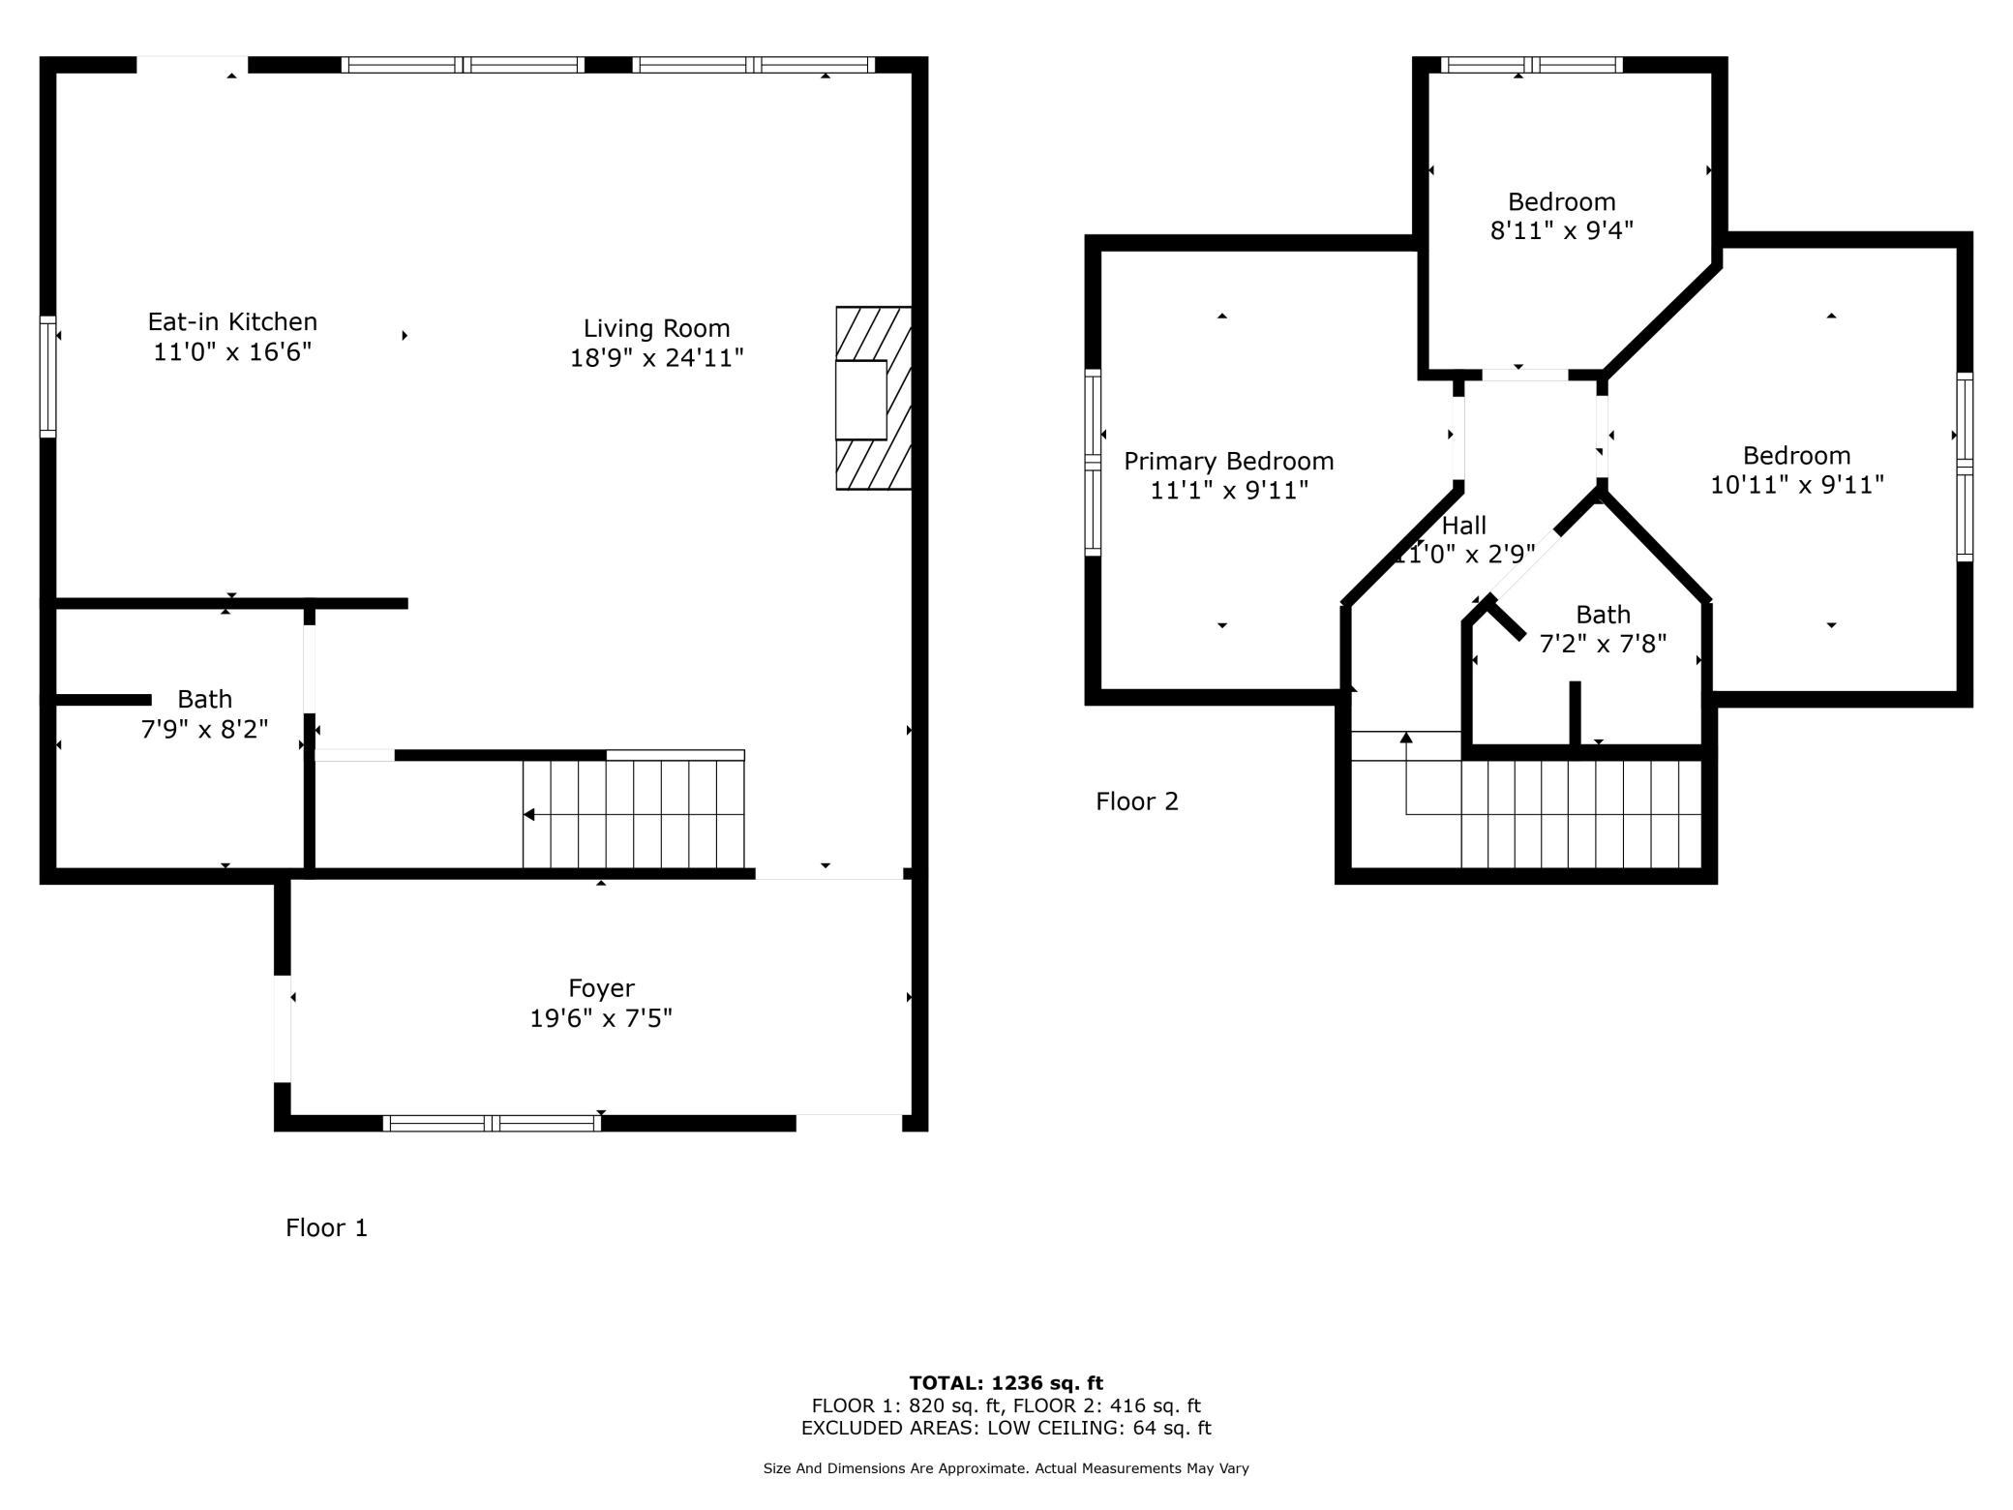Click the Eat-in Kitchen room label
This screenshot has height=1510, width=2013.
tap(232, 321)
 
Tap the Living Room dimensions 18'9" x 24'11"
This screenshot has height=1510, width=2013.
tap(657, 358)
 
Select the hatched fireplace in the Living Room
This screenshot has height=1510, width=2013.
tap(874, 398)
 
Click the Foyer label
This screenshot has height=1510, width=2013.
tap(601, 988)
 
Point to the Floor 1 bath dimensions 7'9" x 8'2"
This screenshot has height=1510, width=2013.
tap(204, 729)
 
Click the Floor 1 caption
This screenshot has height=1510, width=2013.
tap(327, 1227)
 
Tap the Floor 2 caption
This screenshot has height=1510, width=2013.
tap(1137, 801)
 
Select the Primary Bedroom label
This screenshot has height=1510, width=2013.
tap(1229, 461)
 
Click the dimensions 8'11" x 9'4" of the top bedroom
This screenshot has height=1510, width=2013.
tap(1562, 230)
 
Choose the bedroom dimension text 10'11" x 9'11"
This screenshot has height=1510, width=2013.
tap(1797, 484)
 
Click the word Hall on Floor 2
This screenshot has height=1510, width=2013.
tap(1464, 526)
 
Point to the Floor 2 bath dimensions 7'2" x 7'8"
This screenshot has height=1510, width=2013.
tap(1604, 644)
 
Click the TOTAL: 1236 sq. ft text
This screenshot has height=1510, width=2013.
tap(1006, 1383)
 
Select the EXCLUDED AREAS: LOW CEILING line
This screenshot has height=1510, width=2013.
tap(1006, 1428)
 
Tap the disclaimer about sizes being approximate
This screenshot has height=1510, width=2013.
tap(1006, 1468)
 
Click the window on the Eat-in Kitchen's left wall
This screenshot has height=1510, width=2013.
tap(47, 376)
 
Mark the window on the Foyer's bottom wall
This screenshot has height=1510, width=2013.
tap(492, 1123)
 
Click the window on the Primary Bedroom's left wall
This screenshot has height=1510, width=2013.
tap(1093, 463)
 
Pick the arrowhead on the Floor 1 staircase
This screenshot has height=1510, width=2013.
tap(529, 815)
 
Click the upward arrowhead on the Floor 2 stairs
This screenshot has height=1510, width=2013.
tap(1406, 738)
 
